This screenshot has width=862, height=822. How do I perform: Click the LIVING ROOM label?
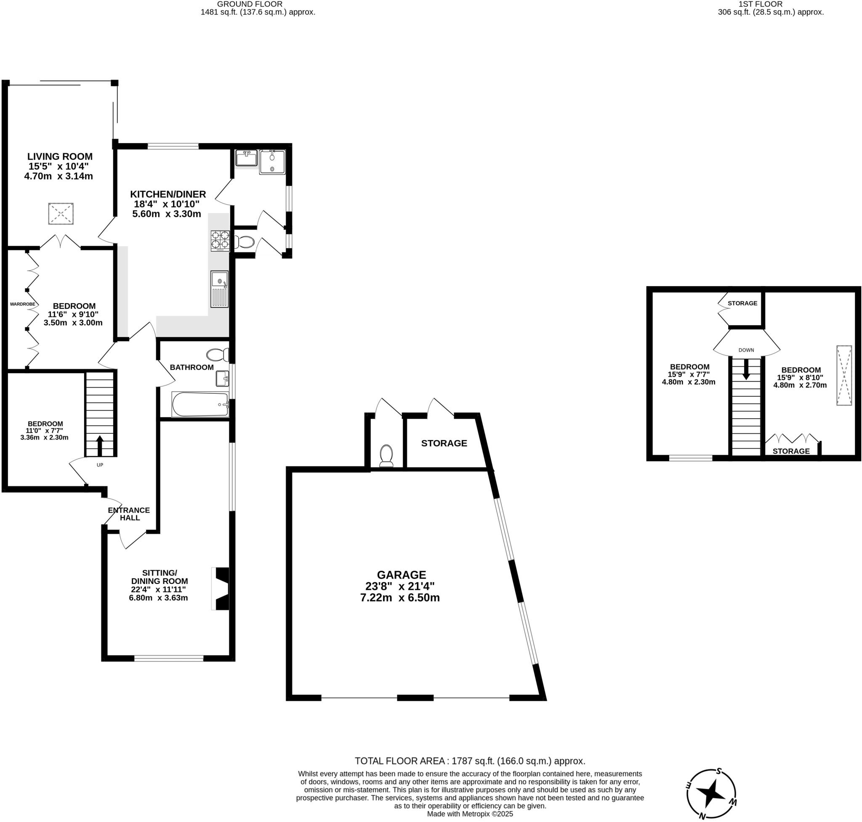click(60, 156)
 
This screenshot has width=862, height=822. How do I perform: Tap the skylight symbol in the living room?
click(61, 214)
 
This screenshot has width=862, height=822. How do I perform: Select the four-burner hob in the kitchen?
click(220, 241)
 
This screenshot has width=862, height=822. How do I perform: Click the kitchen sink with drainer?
click(220, 289)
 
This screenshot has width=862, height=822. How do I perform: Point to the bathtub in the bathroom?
click(200, 404)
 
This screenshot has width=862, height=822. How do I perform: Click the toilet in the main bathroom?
click(218, 355)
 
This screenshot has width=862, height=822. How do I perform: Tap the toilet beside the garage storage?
click(386, 455)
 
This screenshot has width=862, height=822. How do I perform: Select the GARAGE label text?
click(401, 575)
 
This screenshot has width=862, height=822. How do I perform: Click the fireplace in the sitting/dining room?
click(221, 589)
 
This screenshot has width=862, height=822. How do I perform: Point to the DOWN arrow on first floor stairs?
click(746, 370)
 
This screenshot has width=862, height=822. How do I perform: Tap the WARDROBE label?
click(22, 304)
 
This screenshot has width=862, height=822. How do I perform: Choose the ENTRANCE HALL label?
click(129, 514)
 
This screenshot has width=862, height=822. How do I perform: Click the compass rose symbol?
click(711, 794)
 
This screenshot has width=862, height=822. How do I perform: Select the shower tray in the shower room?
click(272, 162)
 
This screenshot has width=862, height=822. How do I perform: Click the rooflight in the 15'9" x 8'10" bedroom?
click(843, 376)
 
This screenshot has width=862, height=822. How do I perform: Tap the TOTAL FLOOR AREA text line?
click(470, 761)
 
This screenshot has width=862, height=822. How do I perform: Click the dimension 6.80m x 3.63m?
click(158, 598)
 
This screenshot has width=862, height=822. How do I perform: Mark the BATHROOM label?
click(192, 367)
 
